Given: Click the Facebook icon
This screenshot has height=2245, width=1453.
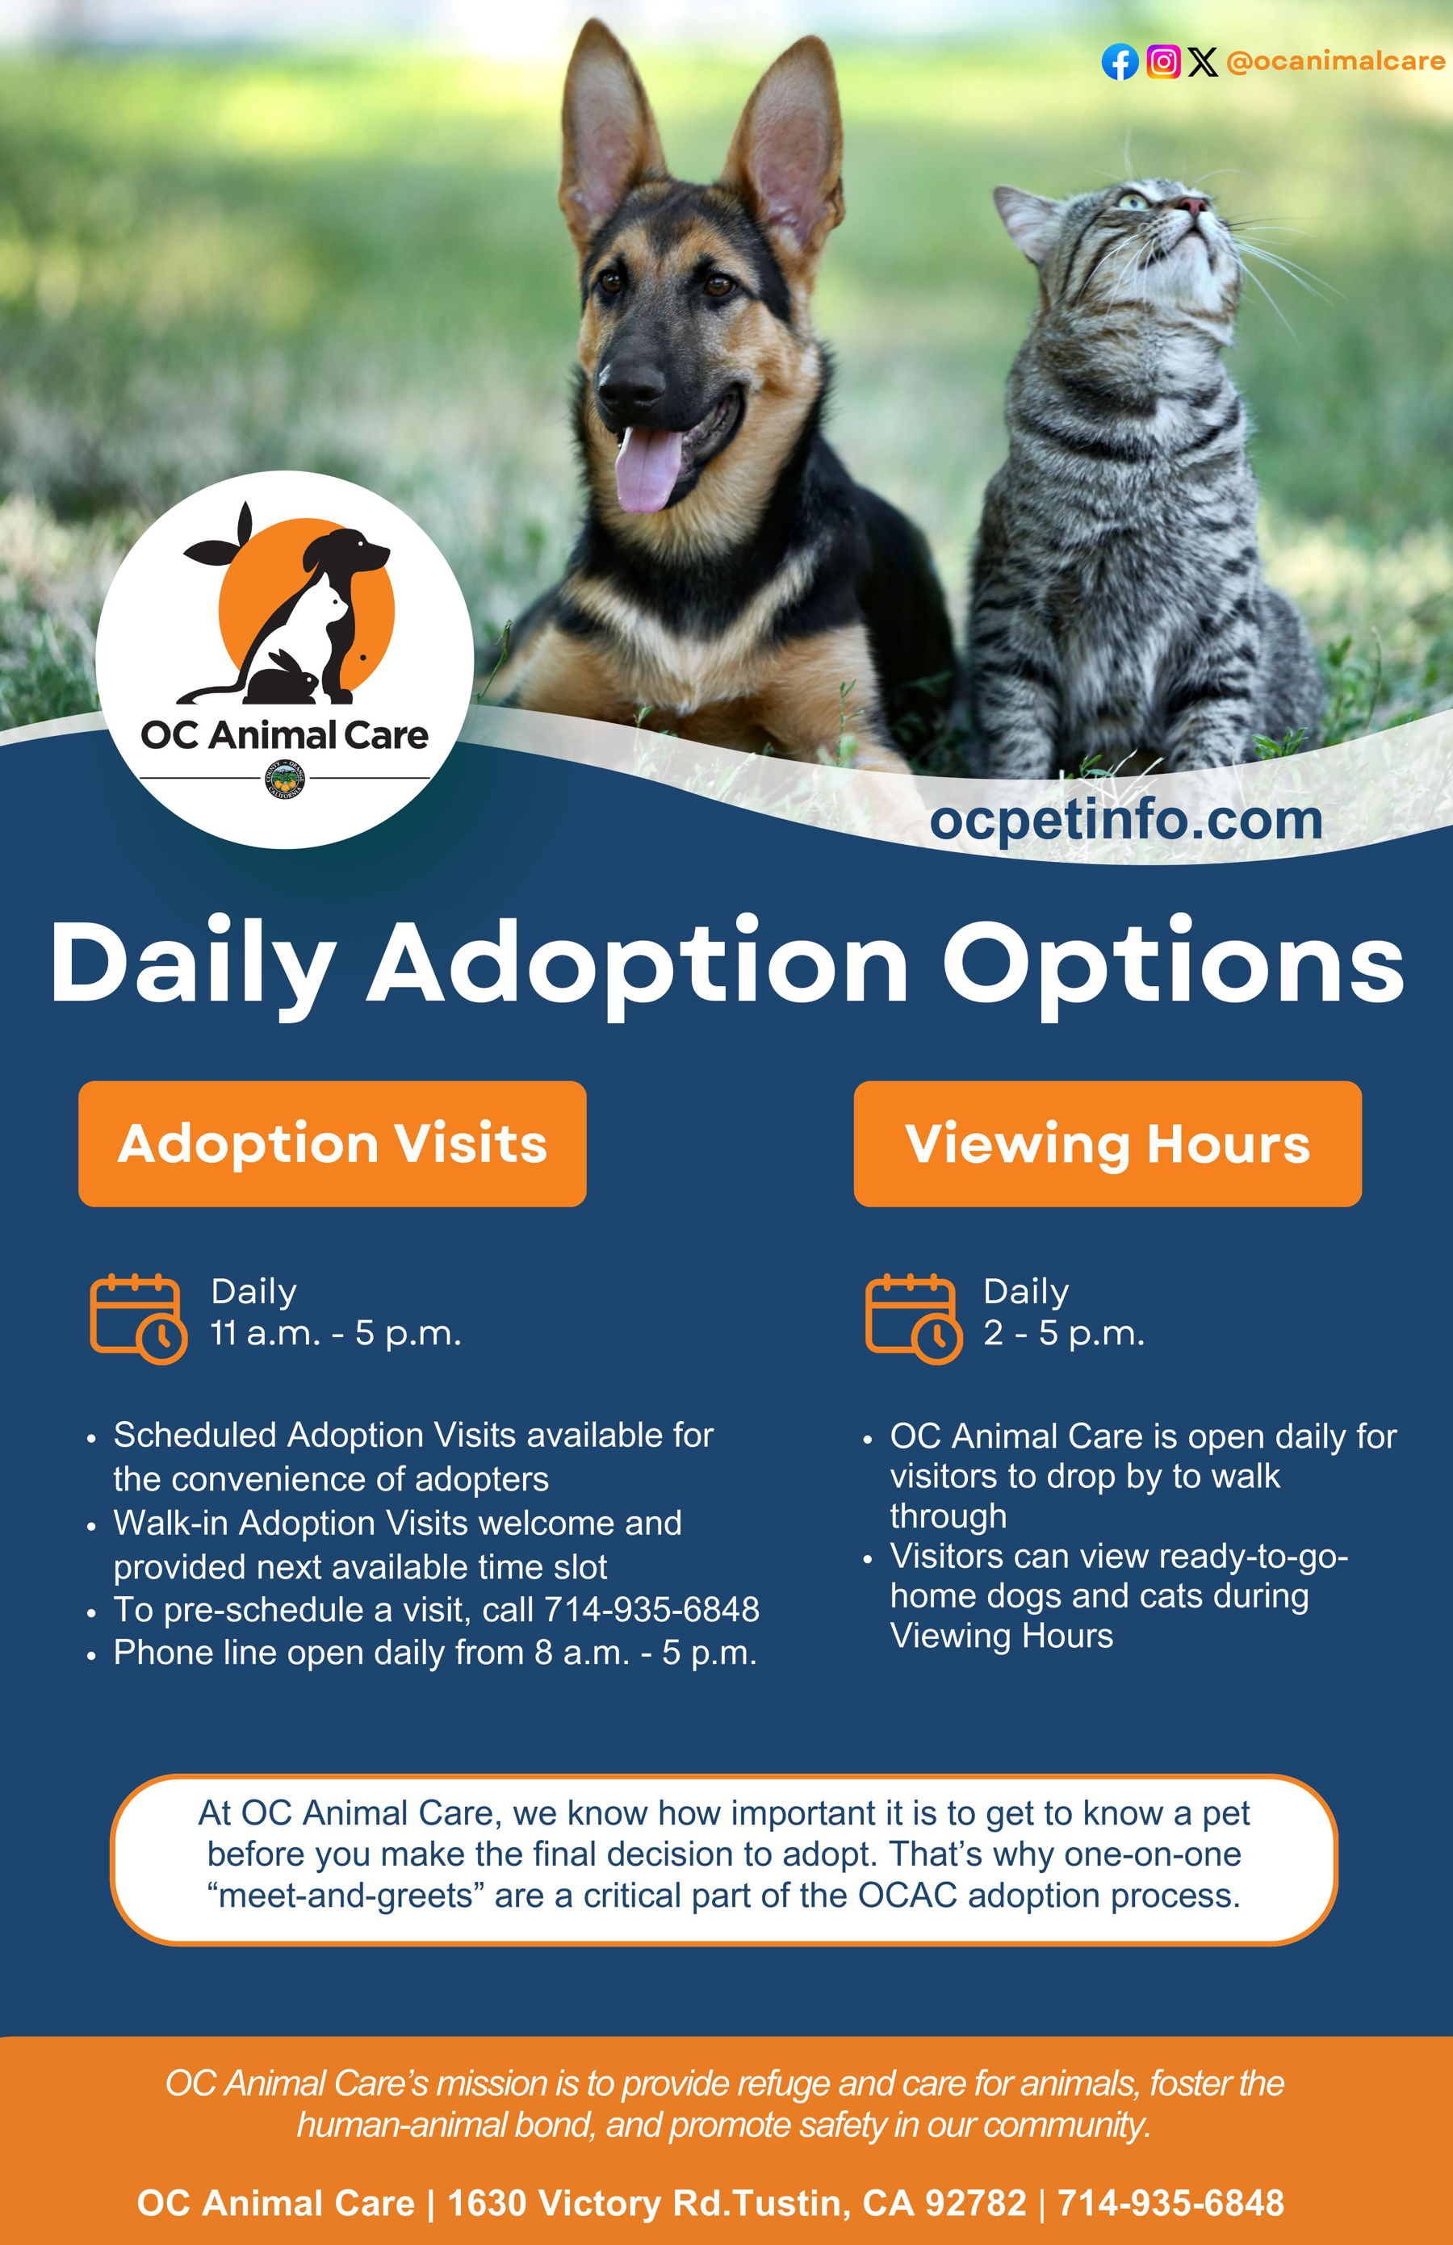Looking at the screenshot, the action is point(1120,62).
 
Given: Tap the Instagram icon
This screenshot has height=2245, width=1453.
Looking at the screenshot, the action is point(1163,61).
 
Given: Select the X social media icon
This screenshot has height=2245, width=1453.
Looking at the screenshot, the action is point(1202,61).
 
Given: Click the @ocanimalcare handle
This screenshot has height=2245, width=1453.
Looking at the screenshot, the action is point(1335,61).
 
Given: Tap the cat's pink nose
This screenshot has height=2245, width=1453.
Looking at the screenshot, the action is point(1191,205).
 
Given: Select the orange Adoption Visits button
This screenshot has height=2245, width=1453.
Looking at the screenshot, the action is point(332,1143).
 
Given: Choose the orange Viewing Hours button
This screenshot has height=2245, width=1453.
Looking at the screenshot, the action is point(1108,1143).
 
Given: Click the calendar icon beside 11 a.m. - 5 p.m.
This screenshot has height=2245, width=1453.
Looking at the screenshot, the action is point(139,1318).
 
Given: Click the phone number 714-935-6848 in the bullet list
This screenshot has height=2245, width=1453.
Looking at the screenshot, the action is point(652,1609).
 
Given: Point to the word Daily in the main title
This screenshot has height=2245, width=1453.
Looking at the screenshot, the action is point(194,965).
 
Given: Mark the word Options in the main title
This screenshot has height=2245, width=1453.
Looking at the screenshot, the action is point(1174,965).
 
